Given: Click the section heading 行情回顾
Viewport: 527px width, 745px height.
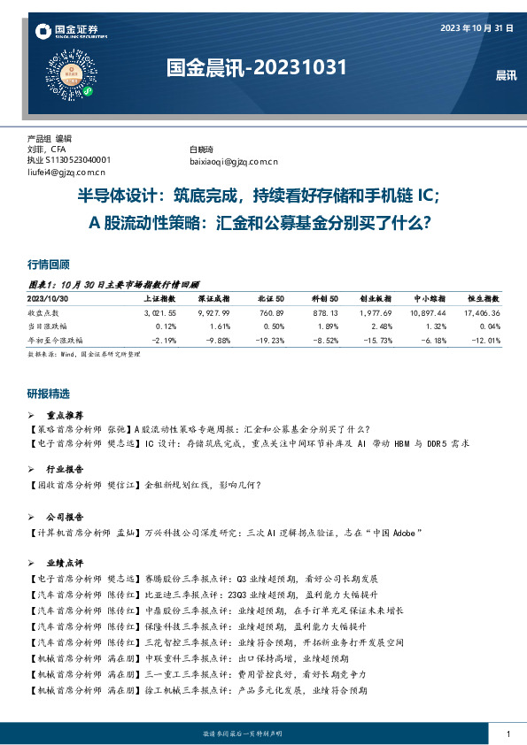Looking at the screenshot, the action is (x=49, y=265).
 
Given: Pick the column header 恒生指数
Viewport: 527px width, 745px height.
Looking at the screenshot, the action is (x=484, y=300).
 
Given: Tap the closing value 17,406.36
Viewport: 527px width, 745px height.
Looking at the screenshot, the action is (x=482, y=313).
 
